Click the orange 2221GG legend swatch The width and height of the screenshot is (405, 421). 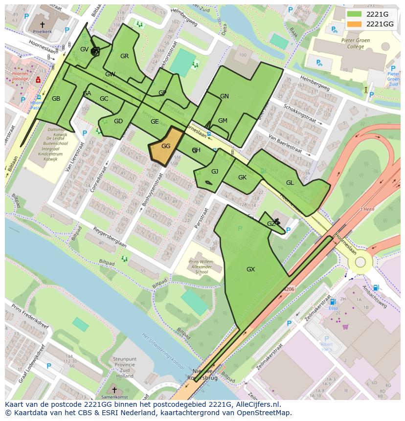355,24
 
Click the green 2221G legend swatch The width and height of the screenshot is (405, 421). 355,14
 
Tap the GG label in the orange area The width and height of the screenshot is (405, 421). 166,146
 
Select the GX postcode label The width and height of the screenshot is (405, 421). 250,269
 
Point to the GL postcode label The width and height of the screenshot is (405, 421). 290,182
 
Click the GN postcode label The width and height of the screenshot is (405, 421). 224,96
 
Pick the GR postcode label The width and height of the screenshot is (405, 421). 124,56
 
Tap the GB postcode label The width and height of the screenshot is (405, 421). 56,99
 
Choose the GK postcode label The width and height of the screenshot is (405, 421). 242,177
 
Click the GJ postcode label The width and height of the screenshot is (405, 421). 215,172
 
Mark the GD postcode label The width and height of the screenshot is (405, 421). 118,121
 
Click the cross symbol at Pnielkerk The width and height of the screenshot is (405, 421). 42,24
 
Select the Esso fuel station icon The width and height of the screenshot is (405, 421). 333,303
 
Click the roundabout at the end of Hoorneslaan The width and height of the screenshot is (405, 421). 360,262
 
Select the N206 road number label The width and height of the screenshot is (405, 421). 290,289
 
